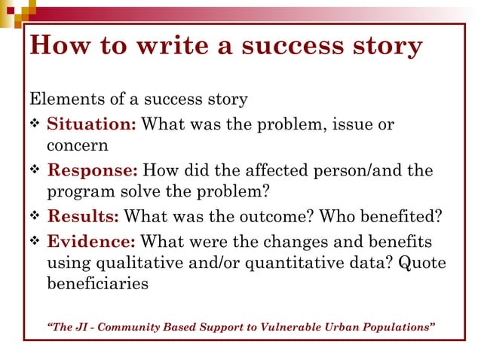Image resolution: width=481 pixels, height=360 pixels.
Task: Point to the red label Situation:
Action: click(91, 124)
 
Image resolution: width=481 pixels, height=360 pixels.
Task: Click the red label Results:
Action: click(83, 217)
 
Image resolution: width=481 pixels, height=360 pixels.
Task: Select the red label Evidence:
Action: click(91, 241)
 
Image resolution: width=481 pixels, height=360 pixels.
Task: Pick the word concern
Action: click(78, 145)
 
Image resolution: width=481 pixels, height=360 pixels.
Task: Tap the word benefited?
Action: click(399, 217)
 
